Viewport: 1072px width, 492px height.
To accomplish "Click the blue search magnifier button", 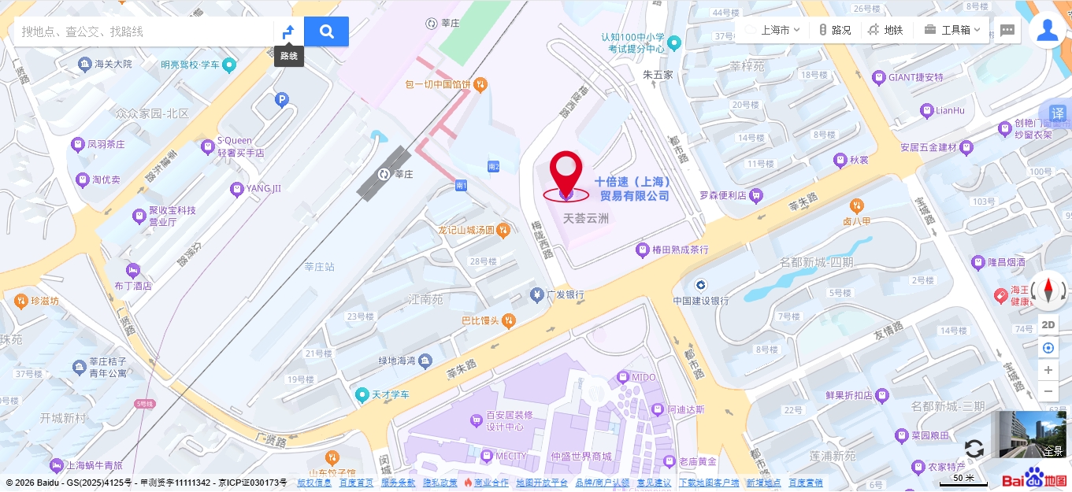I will click(326, 31).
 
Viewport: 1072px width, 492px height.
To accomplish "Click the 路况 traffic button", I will click(835, 30).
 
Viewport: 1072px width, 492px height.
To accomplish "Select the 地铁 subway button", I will click(885, 30).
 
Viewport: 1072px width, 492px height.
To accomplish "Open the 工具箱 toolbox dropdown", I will click(953, 30).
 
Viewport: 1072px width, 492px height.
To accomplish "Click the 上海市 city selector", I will click(773, 30).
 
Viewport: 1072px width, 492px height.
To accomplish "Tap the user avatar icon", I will click(1047, 31).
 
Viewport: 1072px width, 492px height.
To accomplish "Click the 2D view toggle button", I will click(1048, 324).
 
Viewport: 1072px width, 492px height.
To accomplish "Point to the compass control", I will click(1048, 290).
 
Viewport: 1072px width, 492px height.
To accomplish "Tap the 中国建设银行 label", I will click(700, 300).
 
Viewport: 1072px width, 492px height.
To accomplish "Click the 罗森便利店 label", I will click(723, 195).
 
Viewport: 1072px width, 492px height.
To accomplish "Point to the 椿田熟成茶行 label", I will click(680, 250).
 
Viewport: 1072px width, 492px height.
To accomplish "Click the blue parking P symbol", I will click(281, 100).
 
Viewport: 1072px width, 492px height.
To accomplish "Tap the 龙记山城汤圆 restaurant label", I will click(466, 231).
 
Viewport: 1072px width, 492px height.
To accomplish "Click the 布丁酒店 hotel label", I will click(133, 285).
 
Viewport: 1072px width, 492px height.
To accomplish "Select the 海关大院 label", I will click(113, 65).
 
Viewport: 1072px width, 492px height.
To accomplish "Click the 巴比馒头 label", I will click(480, 320).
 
